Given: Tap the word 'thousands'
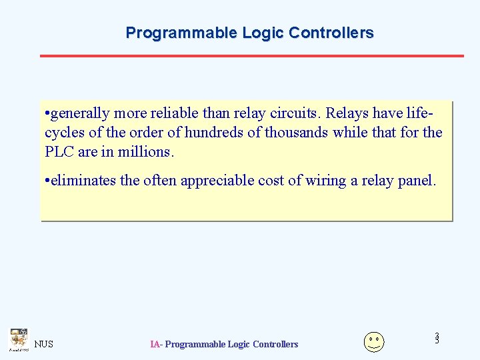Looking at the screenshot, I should tap(297, 133).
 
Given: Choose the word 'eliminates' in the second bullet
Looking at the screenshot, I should tap(81, 180).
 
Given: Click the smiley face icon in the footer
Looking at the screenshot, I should tap(374, 341).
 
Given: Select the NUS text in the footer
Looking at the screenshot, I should tap(44, 344).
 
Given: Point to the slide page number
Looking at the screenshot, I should tap(437, 339).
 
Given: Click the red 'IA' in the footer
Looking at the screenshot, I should tap(155, 344).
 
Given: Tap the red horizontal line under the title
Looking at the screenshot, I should tap(251, 55).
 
